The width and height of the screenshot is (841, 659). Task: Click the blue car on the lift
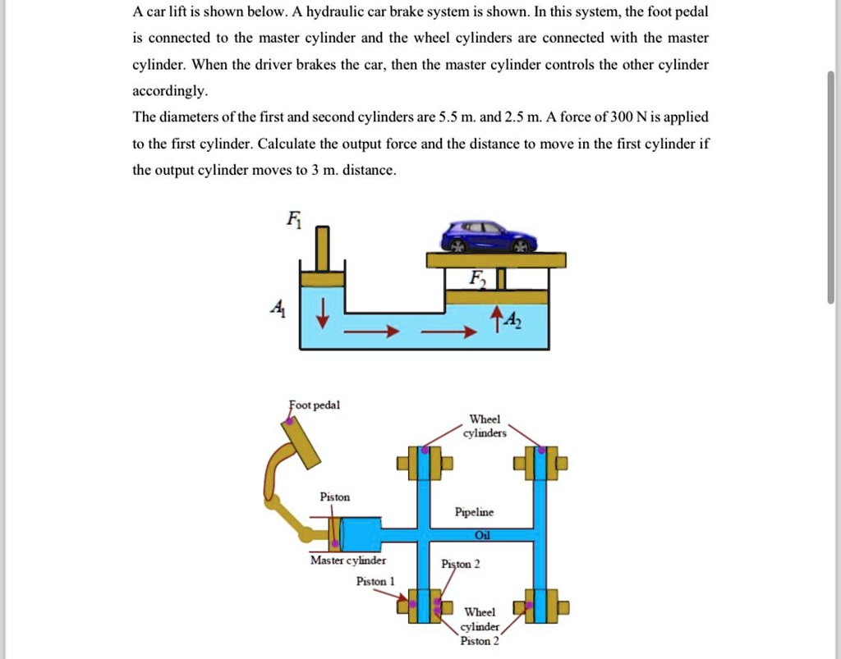(489, 236)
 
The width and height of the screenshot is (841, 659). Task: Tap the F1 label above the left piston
(293, 219)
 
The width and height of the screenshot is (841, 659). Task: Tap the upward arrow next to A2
(495, 316)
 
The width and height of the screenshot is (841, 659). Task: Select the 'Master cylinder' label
(347, 561)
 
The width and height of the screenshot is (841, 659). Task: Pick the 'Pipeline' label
(475, 512)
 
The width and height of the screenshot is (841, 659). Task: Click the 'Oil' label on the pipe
(482, 535)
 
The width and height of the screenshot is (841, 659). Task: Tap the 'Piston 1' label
(375, 581)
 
